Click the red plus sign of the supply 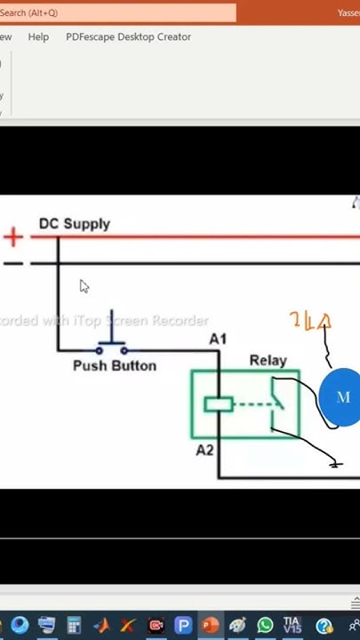pyautogui.click(x=12, y=236)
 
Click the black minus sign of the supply pyautogui.click(x=12, y=264)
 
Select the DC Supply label pyautogui.click(x=75, y=224)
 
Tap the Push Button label pyautogui.click(x=115, y=366)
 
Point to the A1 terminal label pyautogui.click(x=218, y=339)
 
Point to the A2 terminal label pyautogui.click(x=204, y=450)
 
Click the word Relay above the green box pyautogui.click(x=268, y=360)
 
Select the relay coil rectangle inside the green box pyautogui.click(x=218, y=404)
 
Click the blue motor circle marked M pyautogui.click(x=341, y=397)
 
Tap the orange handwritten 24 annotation pyautogui.click(x=309, y=322)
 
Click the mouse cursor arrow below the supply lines pyautogui.click(x=84, y=286)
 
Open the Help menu pyautogui.click(x=38, y=37)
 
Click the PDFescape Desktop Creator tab pyautogui.click(x=128, y=37)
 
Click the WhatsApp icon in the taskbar pyautogui.click(x=265, y=626)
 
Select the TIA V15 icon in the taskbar pyautogui.click(x=292, y=626)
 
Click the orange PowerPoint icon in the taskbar pyautogui.click(x=211, y=626)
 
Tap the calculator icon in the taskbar pyautogui.click(x=75, y=626)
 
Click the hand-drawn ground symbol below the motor pyautogui.click(x=335, y=463)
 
